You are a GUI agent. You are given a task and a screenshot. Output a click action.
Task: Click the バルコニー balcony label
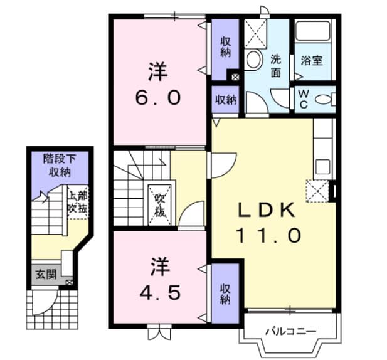[290, 330]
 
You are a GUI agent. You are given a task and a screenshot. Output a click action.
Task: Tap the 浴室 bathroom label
[311, 61]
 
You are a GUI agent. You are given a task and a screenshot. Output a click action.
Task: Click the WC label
[303, 99]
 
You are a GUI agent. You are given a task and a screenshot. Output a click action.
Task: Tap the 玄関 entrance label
[45, 273]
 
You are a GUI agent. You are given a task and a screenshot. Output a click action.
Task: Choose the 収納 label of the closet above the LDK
[225, 100]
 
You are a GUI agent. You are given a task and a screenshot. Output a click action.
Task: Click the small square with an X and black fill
[235, 78]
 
